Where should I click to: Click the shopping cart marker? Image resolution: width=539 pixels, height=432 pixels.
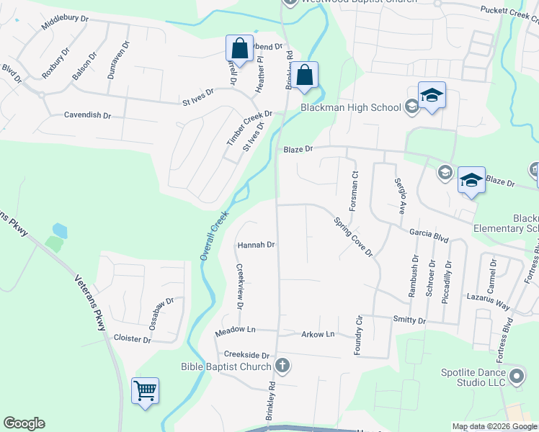pyautogui.click(x=145, y=391)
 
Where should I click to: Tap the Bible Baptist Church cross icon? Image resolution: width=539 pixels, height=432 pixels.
pyautogui.click(x=282, y=366)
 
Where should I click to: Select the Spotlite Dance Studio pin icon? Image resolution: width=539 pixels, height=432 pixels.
pyautogui.click(x=516, y=376)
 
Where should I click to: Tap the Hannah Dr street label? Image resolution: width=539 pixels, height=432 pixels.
pyautogui.click(x=257, y=245)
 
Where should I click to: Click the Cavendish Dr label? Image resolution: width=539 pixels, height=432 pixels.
pyautogui.click(x=87, y=114)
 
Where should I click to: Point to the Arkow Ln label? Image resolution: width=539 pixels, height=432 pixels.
pyautogui.click(x=318, y=334)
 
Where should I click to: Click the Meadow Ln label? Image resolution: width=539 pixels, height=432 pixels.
pyautogui.click(x=236, y=331)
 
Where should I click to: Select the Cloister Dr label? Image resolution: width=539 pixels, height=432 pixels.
pyautogui.click(x=133, y=338)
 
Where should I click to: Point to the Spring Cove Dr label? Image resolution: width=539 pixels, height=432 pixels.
pyautogui.click(x=352, y=237)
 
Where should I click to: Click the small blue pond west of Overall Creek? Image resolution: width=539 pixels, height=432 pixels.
pyautogui.click(x=60, y=231)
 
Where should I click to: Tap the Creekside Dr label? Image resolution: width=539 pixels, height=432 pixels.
pyautogui.click(x=246, y=355)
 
